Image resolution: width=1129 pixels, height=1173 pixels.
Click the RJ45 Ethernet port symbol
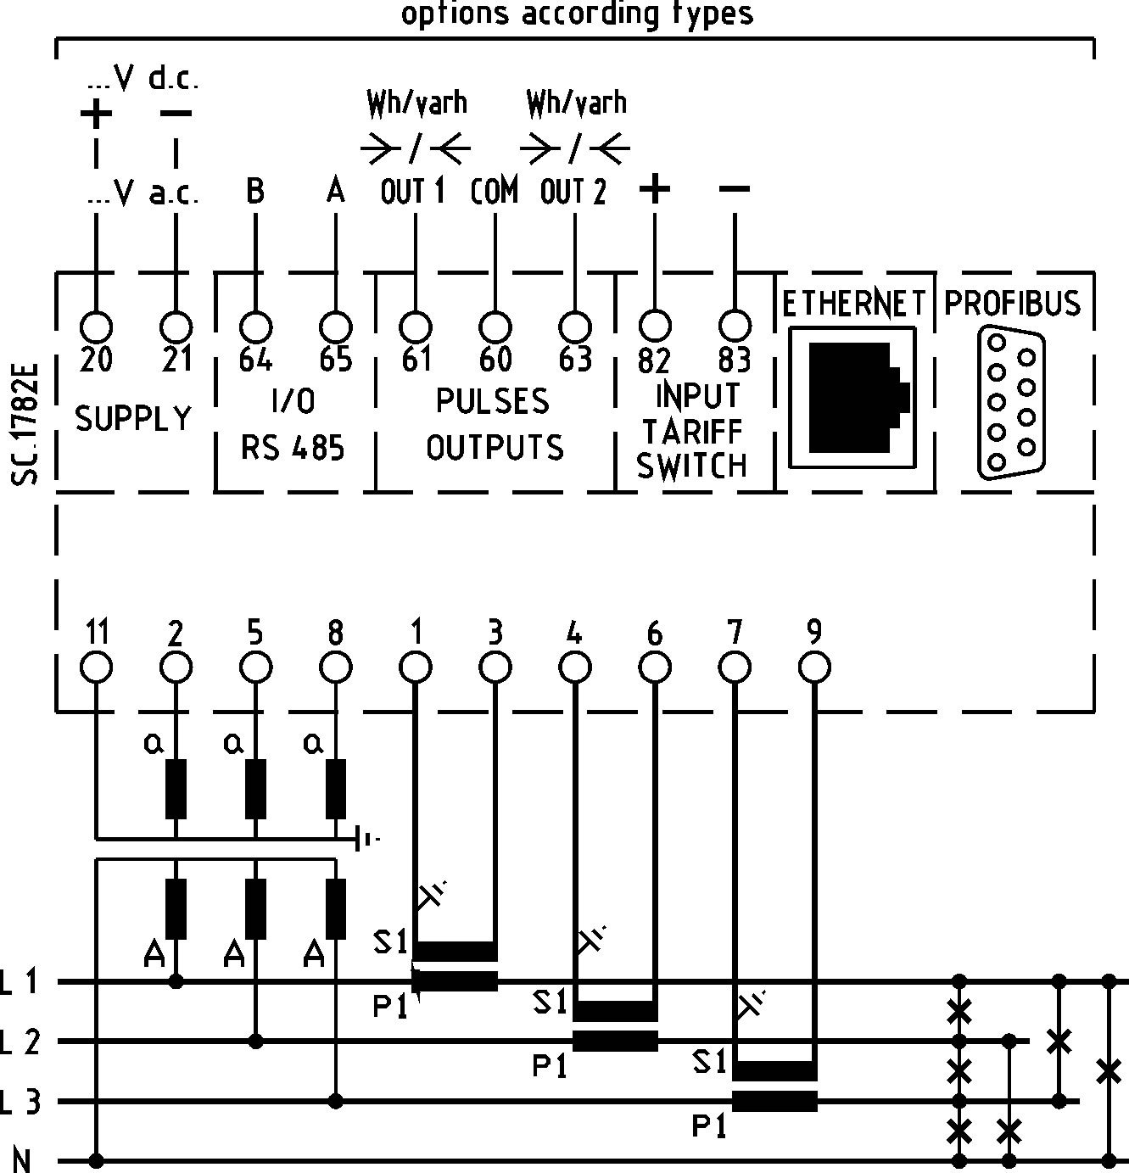853,397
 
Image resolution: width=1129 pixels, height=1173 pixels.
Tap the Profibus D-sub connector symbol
1012,404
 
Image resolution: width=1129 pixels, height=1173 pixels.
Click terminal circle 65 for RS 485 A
336,327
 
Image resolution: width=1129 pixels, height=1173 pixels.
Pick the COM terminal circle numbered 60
495,327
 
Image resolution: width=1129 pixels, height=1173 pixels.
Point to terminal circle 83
735,327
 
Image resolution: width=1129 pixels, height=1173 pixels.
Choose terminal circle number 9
814,667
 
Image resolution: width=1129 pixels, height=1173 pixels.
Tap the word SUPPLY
134,419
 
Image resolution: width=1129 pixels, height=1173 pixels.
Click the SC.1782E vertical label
25,424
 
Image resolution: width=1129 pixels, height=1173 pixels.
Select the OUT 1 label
412,193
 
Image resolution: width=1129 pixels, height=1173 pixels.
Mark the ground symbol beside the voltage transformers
366,840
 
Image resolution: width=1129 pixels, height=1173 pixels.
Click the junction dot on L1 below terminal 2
176,982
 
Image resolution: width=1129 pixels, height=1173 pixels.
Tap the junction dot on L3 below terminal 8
336,1101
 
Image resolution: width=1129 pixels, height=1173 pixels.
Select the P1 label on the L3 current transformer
710,1126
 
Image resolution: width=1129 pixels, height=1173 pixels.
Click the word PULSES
493,401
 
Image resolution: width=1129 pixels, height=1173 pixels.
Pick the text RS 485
293,447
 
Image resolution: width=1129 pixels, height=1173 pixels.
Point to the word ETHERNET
853,303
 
